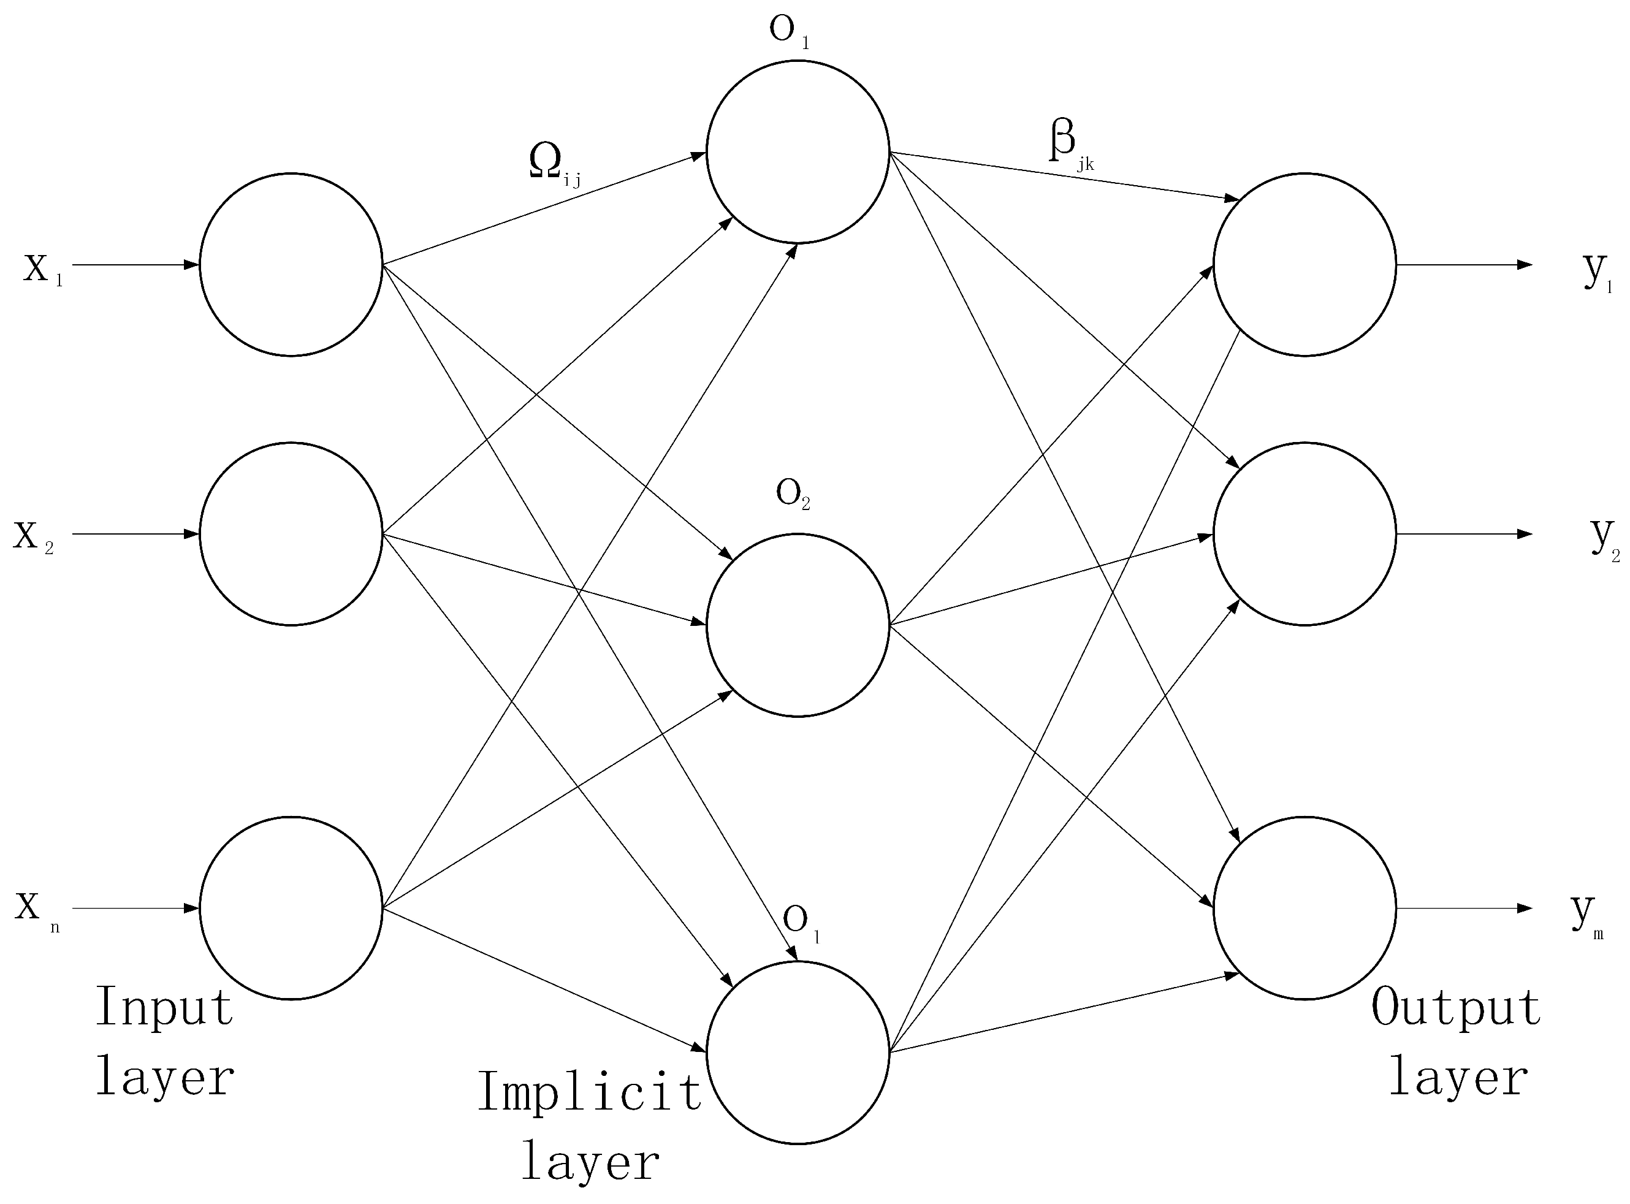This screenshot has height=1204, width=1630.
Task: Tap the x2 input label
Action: (32, 538)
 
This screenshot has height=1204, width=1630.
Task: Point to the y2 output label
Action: (1604, 539)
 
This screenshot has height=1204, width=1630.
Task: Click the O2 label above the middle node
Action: (793, 495)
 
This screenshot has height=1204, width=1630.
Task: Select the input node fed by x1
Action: (291, 265)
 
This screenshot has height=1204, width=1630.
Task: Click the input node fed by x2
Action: (291, 533)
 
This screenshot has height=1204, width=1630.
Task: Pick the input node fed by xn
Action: (291, 907)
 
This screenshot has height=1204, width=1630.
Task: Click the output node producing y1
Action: (1304, 265)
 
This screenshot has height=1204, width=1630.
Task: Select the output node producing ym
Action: (1304, 907)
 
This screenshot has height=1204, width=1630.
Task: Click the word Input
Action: (164, 1008)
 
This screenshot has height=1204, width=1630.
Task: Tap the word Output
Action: (1455, 1008)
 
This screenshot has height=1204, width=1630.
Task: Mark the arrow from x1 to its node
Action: (135, 265)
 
